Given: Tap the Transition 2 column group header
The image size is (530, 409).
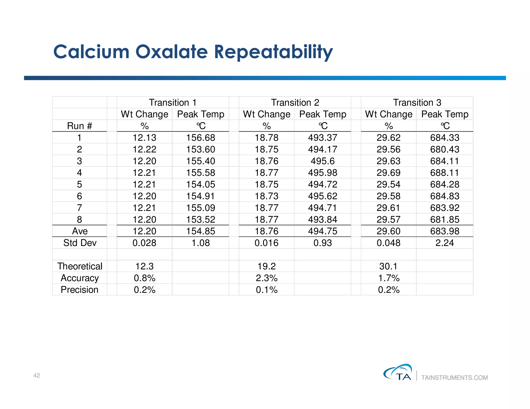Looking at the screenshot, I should click(x=295, y=102).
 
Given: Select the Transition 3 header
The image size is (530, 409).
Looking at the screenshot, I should click(x=417, y=102).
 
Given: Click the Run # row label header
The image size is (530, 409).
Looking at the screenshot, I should click(x=79, y=126).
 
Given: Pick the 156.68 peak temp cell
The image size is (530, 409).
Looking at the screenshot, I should click(x=201, y=138).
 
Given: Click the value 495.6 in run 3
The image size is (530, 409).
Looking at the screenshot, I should click(x=322, y=161).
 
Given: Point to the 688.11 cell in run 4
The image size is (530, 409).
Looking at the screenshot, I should click(x=445, y=173).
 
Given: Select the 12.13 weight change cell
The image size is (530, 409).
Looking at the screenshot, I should click(x=144, y=138).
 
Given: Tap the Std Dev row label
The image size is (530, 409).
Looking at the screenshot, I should click(x=80, y=243).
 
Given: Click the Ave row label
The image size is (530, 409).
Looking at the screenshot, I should click(x=80, y=231).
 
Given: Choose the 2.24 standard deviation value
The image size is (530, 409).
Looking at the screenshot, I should click(x=445, y=243).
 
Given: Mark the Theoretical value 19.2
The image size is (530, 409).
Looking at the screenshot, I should click(x=267, y=266).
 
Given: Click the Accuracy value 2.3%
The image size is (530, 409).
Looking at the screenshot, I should click(x=267, y=278).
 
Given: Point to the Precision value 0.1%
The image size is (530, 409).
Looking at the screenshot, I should click(x=267, y=290).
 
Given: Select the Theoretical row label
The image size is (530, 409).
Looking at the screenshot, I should click(x=80, y=266).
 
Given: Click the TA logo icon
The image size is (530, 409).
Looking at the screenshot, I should click(x=398, y=372).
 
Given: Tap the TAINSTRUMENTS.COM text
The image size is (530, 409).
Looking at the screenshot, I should click(x=454, y=378).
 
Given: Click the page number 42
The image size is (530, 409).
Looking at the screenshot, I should click(x=37, y=375).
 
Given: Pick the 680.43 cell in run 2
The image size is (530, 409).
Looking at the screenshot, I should click(x=445, y=149).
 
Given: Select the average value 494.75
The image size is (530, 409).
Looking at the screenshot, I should click(x=322, y=231).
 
